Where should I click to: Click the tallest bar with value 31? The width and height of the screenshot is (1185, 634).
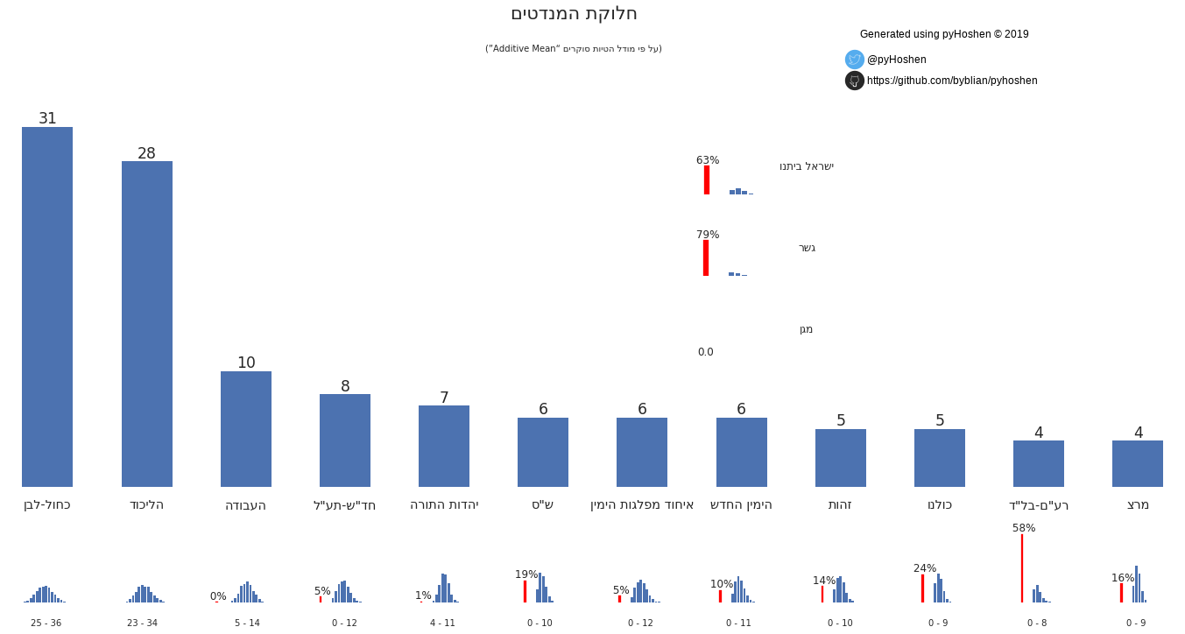click(x=47, y=306)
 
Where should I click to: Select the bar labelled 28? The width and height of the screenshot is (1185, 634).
click(x=146, y=324)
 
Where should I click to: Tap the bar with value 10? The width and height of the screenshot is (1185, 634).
click(x=246, y=429)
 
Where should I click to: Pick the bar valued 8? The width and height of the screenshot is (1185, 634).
click(x=345, y=440)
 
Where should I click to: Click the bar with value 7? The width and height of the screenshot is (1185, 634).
click(x=444, y=446)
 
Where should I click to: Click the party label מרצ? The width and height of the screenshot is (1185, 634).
click(x=1138, y=504)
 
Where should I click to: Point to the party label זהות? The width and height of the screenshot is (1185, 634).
click(x=840, y=504)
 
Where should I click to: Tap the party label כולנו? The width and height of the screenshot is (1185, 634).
click(x=940, y=504)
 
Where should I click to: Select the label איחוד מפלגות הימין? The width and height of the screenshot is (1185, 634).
click(x=642, y=504)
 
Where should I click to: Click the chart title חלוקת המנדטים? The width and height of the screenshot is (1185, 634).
click(x=574, y=14)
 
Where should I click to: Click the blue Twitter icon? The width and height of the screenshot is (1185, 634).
click(x=855, y=60)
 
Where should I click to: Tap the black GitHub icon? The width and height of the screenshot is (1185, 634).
click(x=855, y=81)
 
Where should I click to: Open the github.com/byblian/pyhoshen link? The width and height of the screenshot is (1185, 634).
click(x=952, y=81)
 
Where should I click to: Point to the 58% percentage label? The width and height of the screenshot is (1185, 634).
click(x=1024, y=528)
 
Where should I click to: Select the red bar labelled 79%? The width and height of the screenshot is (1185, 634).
click(x=706, y=257)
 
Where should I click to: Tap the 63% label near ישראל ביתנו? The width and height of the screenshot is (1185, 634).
click(x=708, y=160)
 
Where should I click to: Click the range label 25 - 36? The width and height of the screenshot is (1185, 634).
click(x=46, y=623)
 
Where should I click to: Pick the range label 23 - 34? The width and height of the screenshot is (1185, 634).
click(x=142, y=623)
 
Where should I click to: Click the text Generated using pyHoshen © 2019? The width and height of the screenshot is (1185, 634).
click(x=944, y=34)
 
